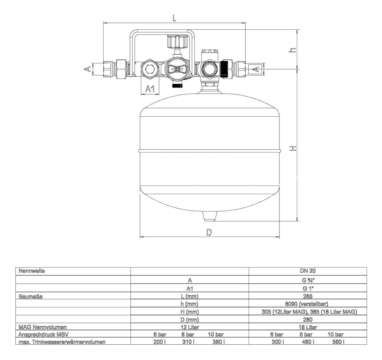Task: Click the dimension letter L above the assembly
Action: [174, 18]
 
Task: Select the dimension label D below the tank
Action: [209, 232]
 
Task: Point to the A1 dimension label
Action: [150, 89]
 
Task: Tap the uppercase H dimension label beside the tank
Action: [293, 148]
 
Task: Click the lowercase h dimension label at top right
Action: [293, 50]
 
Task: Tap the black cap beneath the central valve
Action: [176, 86]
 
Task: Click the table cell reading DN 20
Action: [308, 271]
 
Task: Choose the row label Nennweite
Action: [32, 271]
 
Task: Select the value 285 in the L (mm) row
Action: [308, 296]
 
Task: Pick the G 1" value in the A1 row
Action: [308, 288]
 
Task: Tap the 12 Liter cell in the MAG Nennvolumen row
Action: [190, 327]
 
